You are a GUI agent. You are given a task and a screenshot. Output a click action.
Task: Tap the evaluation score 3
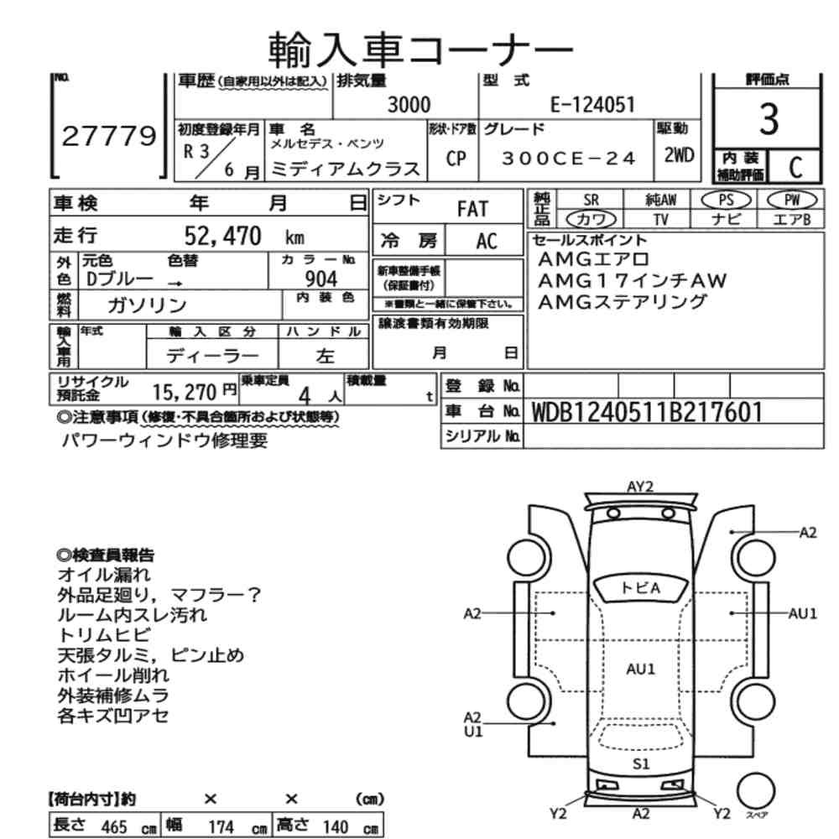(x=768, y=121)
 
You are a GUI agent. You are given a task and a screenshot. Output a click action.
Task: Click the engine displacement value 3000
(x=409, y=105)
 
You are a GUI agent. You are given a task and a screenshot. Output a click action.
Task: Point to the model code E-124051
(x=592, y=105)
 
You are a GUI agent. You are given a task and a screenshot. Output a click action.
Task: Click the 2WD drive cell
(x=678, y=156)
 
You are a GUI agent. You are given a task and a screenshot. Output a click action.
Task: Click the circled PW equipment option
(x=790, y=201)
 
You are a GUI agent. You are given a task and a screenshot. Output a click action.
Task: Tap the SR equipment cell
(x=591, y=201)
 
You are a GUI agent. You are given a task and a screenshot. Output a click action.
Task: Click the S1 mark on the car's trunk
(x=641, y=763)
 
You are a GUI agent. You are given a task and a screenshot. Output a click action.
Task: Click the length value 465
(x=114, y=826)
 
